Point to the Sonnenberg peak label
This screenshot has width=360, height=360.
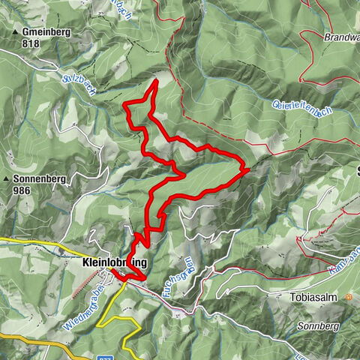pos(43,180)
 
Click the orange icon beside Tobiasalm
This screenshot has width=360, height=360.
pos(349,297)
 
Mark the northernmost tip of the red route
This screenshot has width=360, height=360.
pos(155,79)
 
